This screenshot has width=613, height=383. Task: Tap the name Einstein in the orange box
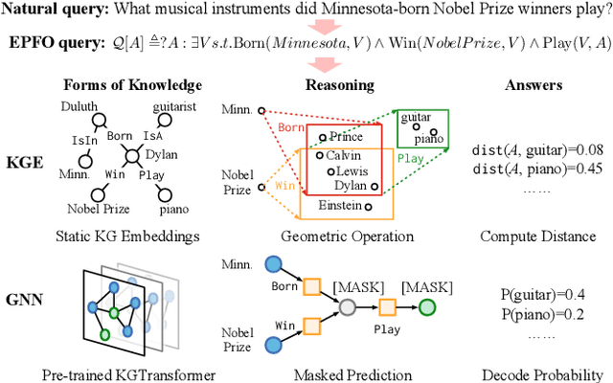point(343,205)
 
